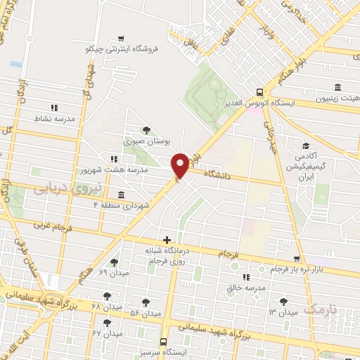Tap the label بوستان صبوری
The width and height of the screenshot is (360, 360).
[148, 141]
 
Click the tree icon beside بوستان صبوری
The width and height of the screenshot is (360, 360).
[146, 129]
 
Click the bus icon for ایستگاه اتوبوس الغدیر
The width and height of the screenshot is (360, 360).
[260, 91]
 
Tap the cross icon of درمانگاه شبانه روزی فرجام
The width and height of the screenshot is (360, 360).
[167, 240]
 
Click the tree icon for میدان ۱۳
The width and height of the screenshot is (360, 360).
[283, 301]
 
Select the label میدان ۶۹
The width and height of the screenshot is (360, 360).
[112, 272]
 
